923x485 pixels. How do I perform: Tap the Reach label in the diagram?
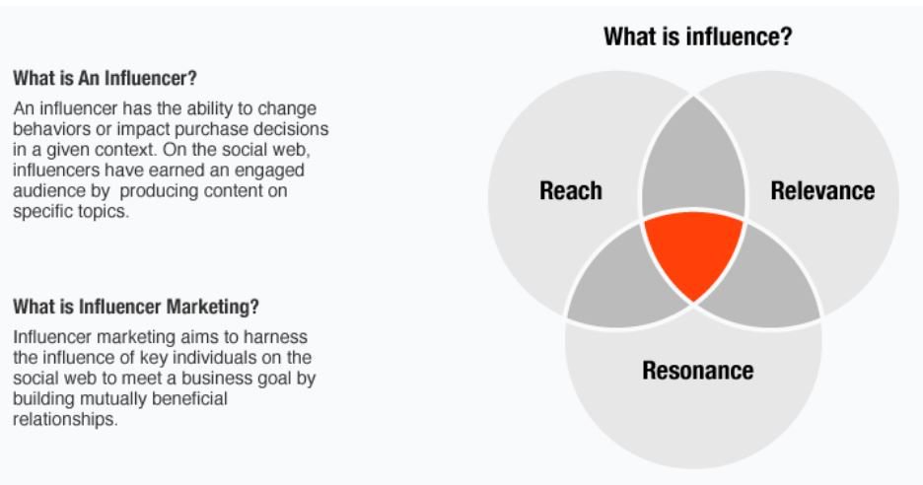click(x=571, y=191)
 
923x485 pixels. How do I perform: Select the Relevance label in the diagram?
click(x=822, y=191)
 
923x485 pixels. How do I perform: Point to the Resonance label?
click(x=698, y=372)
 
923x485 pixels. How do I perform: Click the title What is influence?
click(x=698, y=38)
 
